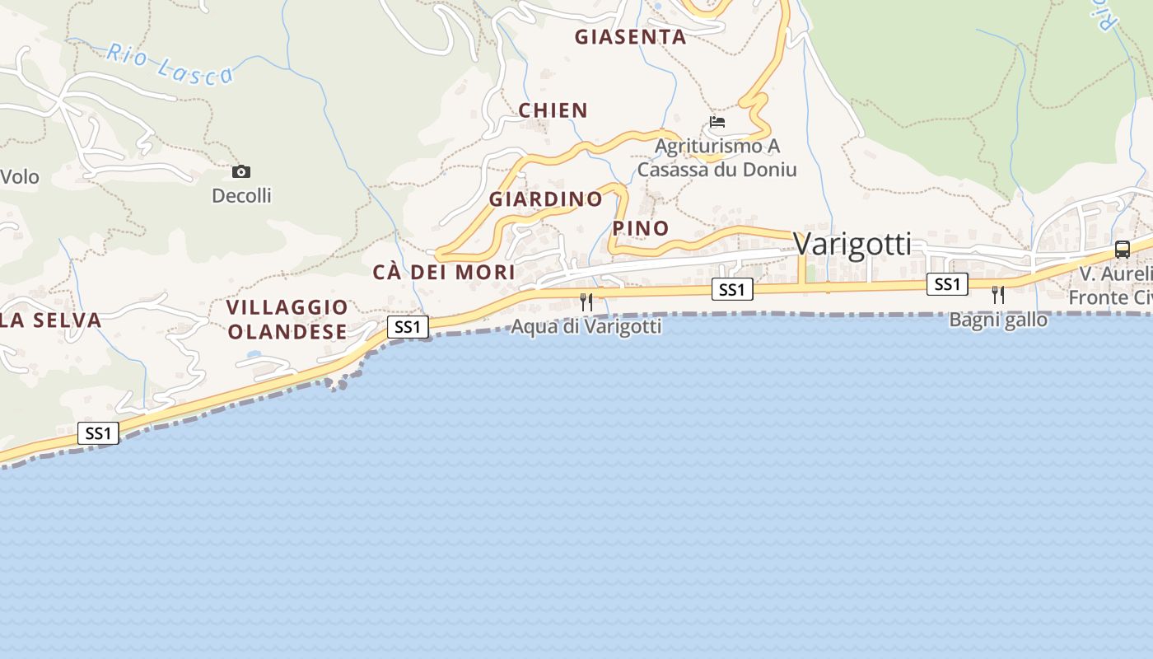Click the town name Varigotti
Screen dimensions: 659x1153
[852, 245]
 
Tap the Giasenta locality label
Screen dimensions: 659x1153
[630, 37]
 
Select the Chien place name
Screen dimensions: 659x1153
[553, 110]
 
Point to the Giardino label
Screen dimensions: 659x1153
[546, 199]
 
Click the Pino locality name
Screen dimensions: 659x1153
[641, 228]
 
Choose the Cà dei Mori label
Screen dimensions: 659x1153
[444, 272]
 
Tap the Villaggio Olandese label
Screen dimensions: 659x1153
[287, 320]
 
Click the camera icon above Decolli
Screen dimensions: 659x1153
[241, 171]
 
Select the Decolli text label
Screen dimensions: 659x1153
[241, 196]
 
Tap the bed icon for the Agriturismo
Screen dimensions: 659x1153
[717, 122]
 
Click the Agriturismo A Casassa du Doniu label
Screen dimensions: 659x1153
[717, 158]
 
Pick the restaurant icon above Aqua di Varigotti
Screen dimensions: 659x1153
[586, 301]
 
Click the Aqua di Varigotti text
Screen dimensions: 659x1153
[586, 327]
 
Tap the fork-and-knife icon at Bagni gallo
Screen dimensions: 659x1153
[998, 294]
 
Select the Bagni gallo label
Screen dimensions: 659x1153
[998, 320]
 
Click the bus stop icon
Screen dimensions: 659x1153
[1122, 249]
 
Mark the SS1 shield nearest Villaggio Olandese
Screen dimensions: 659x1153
[408, 327]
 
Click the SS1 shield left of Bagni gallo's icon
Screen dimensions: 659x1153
[947, 284]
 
